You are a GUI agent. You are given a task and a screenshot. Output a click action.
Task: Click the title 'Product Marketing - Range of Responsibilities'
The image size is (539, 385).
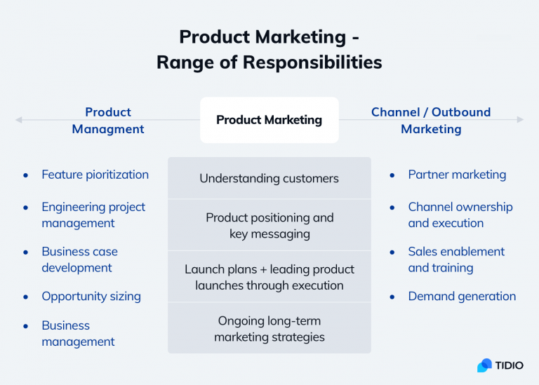point(269,49)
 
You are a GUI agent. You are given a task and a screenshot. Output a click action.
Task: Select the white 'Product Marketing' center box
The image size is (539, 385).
point(269,120)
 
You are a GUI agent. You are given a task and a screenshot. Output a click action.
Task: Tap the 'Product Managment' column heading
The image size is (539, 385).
point(108,121)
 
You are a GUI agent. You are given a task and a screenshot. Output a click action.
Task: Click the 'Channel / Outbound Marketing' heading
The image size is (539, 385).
point(431,121)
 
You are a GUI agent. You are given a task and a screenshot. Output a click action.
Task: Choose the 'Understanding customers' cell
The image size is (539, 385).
point(269,178)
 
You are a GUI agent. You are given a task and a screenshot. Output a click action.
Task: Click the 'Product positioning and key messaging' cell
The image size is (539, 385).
point(269,225)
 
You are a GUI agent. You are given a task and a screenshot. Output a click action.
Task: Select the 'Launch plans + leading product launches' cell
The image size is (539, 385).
point(269,277)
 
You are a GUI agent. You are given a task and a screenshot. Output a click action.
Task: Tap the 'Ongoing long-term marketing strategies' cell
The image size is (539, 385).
point(269,328)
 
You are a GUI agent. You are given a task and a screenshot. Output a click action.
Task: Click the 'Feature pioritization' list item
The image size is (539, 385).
point(95,175)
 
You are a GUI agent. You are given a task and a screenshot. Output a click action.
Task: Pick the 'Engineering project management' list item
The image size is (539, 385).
point(93,215)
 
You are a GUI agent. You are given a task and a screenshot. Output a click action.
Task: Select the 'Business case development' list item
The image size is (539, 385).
point(79,259)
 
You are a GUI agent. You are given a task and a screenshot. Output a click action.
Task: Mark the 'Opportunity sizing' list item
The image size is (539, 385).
point(91,296)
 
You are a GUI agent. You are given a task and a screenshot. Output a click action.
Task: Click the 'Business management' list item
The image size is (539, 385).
point(78,333)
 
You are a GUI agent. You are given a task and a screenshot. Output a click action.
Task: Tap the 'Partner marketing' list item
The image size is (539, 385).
point(457,175)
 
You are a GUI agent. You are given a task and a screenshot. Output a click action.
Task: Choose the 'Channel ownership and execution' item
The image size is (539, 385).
point(460,215)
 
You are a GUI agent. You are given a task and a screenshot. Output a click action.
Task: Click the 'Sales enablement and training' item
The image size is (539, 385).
point(456,259)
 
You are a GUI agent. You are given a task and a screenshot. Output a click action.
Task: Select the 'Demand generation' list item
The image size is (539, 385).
point(462,296)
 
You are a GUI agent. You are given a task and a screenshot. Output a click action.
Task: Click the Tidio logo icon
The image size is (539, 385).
point(484,365)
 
